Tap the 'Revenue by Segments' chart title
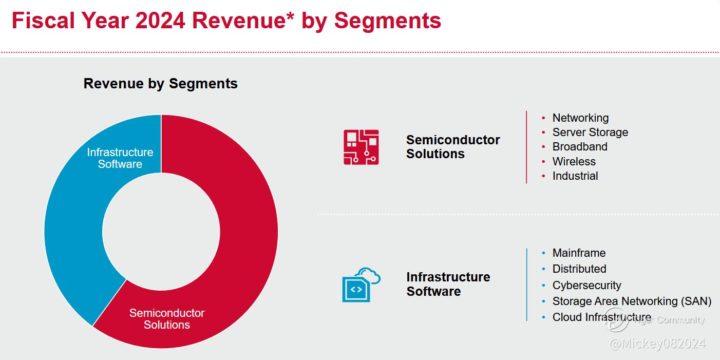(161, 84)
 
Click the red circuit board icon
(361, 147)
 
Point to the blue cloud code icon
(361, 285)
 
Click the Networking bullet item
(580, 118)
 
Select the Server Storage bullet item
(590, 132)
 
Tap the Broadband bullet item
(580, 147)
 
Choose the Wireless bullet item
(574, 161)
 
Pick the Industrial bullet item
(575, 176)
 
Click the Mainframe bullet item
(579, 253)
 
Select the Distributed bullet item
(579, 269)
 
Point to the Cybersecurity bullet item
(586, 285)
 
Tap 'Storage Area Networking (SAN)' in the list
(632, 301)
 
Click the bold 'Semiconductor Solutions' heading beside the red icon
(453, 147)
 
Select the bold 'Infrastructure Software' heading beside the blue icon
(448, 284)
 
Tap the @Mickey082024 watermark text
(657, 344)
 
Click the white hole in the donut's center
(161, 231)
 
